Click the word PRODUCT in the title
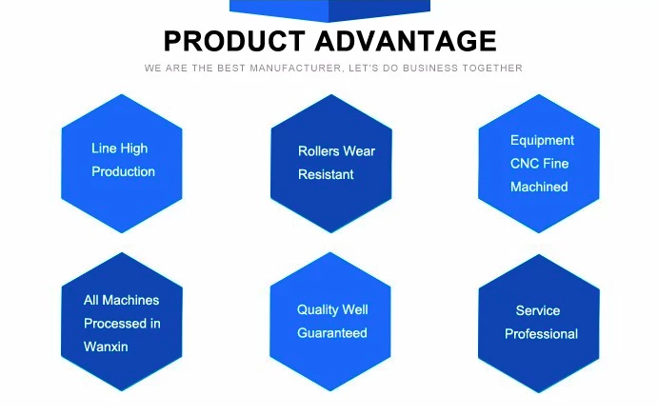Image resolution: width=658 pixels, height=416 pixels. coord(234,41)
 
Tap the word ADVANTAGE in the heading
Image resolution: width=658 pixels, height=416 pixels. coord(406,41)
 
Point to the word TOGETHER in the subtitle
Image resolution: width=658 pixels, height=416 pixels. coord(492,68)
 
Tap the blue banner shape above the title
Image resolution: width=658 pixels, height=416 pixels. coord(329,10)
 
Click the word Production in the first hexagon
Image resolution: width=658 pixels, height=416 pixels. coord(124,171)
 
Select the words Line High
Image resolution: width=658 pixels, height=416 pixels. coord(120,149)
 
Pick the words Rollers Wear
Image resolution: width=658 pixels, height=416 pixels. coord(336,151)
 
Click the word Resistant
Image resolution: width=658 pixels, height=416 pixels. coord(326,174)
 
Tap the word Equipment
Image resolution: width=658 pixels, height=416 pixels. coord(542,141)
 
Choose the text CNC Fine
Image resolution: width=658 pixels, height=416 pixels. coord(540,164)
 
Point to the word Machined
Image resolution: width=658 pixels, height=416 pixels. coord(539,187)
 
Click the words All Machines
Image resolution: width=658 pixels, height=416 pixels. coord(121,300)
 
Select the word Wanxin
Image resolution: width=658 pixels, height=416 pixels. coord(106,347)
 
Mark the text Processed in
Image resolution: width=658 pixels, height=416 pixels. coord(122,324)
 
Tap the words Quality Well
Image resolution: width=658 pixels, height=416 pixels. coord(332,310)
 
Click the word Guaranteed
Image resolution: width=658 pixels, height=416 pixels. coord(332,333)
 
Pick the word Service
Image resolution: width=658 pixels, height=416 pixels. coord(538,310)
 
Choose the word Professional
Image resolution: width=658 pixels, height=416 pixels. coord(541,334)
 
